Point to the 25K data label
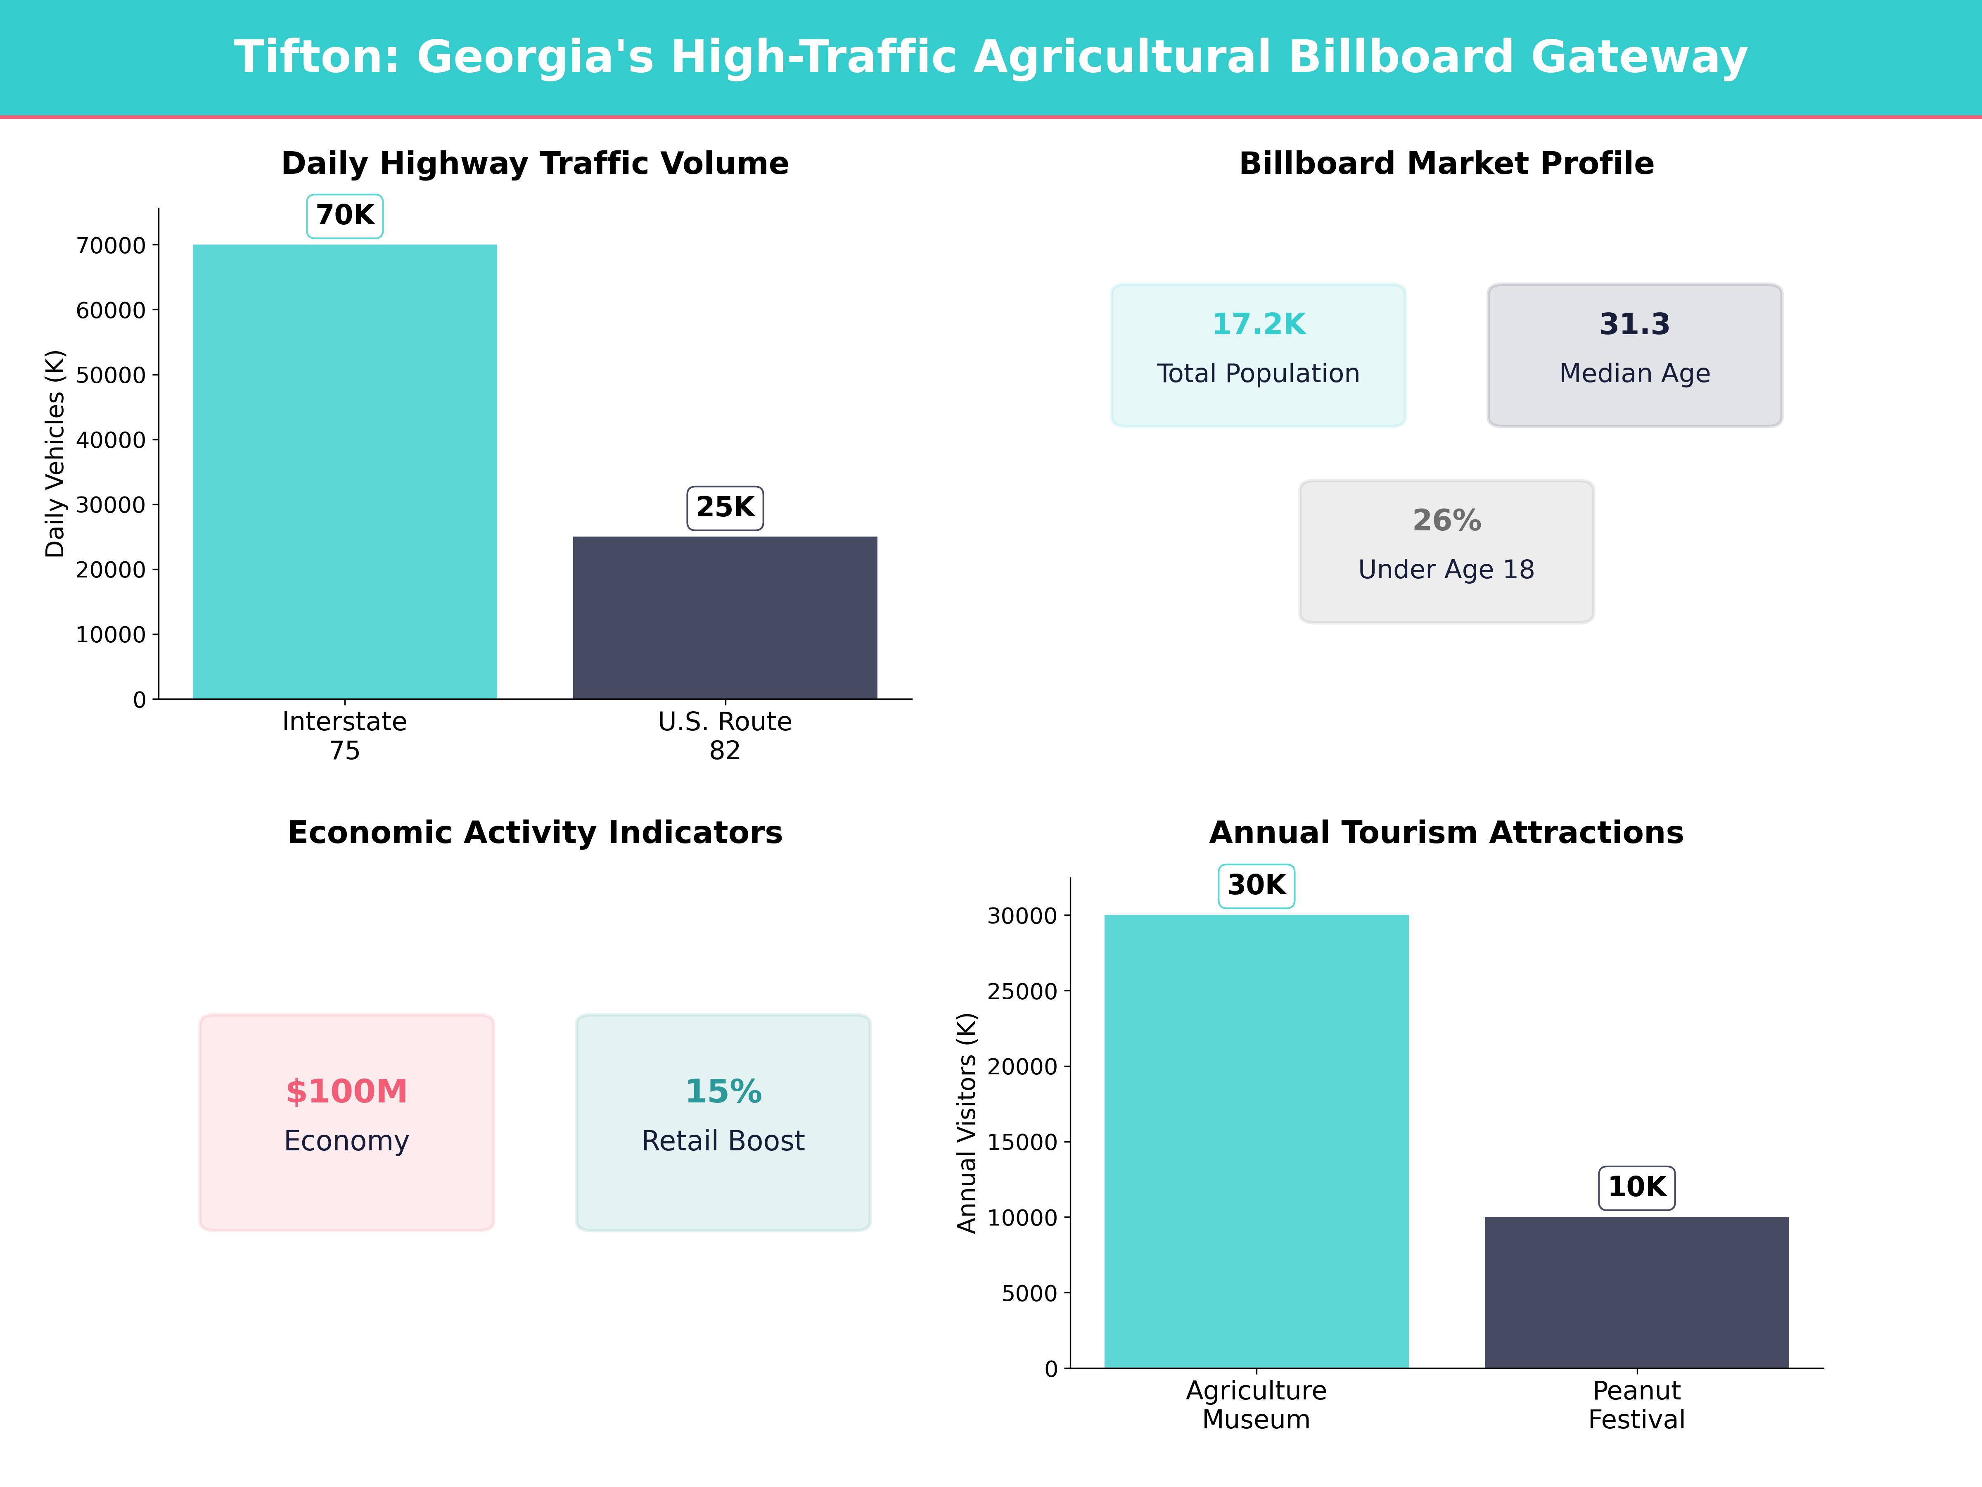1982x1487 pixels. pos(725,507)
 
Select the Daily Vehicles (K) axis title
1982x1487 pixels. pos(56,454)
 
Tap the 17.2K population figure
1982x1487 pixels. pos(1258,325)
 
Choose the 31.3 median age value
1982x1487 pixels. pos(1634,325)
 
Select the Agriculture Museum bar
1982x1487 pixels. pos(1256,1141)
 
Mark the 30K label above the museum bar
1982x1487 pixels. pos(1256,886)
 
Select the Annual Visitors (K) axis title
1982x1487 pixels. pos(967,1123)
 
